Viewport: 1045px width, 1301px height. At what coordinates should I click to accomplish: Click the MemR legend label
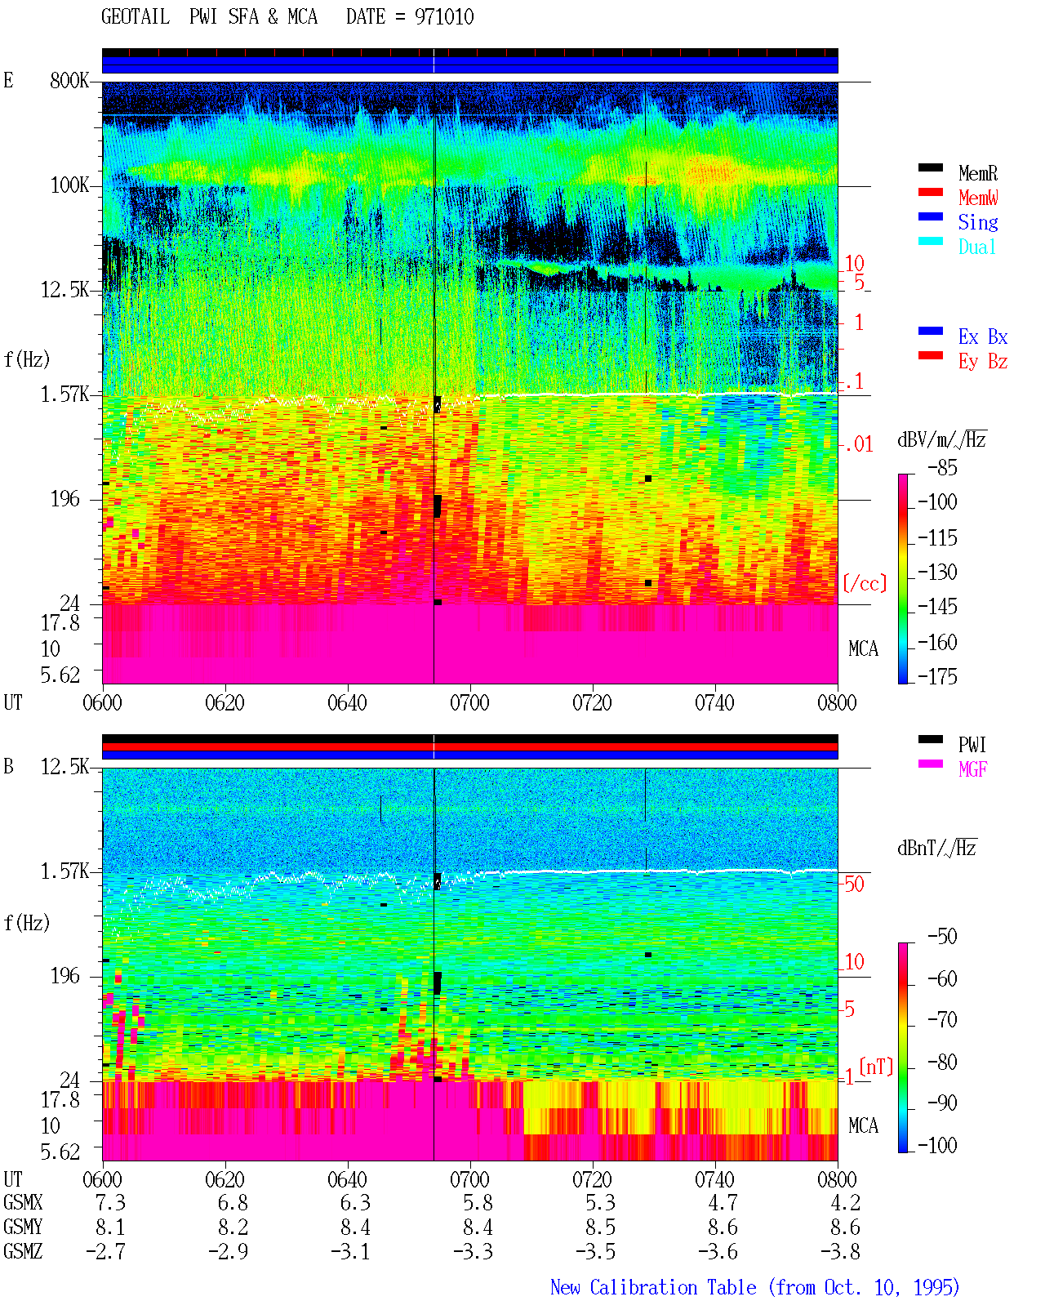click(x=977, y=173)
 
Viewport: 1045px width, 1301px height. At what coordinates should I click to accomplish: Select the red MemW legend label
click(x=977, y=198)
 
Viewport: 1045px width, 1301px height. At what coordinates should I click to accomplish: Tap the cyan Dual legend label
click(x=976, y=247)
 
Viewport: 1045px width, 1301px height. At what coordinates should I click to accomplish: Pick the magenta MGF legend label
click(x=972, y=769)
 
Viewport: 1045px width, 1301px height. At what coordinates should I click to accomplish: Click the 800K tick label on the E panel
click(x=69, y=80)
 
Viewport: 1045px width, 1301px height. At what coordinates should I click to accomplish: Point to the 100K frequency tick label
click(x=69, y=185)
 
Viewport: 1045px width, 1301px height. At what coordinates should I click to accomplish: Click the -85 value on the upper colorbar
click(x=942, y=467)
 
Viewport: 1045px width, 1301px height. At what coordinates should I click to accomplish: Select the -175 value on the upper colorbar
click(x=937, y=676)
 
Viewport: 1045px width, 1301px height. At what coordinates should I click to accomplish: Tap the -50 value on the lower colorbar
click(x=942, y=937)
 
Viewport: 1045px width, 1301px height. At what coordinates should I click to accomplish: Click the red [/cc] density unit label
click(x=865, y=583)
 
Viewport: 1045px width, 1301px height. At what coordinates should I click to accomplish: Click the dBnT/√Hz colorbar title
click(x=936, y=848)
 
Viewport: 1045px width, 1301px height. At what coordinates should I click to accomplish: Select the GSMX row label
click(x=23, y=1202)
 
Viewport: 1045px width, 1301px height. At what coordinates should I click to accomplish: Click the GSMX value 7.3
click(x=110, y=1202)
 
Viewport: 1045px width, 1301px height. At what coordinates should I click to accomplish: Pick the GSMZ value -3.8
click(x=840, y=1251)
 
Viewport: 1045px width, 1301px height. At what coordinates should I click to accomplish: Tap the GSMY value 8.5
click(x=600, y=1227)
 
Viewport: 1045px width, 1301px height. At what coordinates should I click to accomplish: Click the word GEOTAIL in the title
click(x=136, y=16)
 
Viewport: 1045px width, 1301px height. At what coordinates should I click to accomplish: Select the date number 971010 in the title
click(x=444, y=16)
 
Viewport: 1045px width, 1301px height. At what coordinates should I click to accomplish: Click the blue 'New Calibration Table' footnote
click(x=653, y=1286)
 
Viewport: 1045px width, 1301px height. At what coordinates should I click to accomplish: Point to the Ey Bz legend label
click(x=982, y=361)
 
